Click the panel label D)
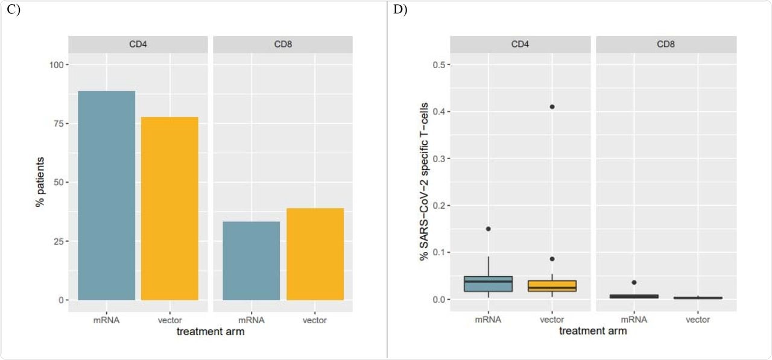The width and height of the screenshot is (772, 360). pos(400,10)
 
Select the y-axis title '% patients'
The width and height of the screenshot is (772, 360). pos(40,183)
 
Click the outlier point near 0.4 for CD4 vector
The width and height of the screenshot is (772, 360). pos(552,107)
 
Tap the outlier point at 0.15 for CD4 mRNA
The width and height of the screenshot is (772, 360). pos(488,229)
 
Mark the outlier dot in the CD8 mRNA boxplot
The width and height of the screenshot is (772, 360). pos(633,282)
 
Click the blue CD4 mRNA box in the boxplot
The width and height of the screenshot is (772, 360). pos(488,284)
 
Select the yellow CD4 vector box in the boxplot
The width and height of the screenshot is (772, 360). pos(552,286)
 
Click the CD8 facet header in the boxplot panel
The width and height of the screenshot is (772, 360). pos(666,44)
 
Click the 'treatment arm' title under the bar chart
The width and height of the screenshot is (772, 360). pos(206,331)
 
